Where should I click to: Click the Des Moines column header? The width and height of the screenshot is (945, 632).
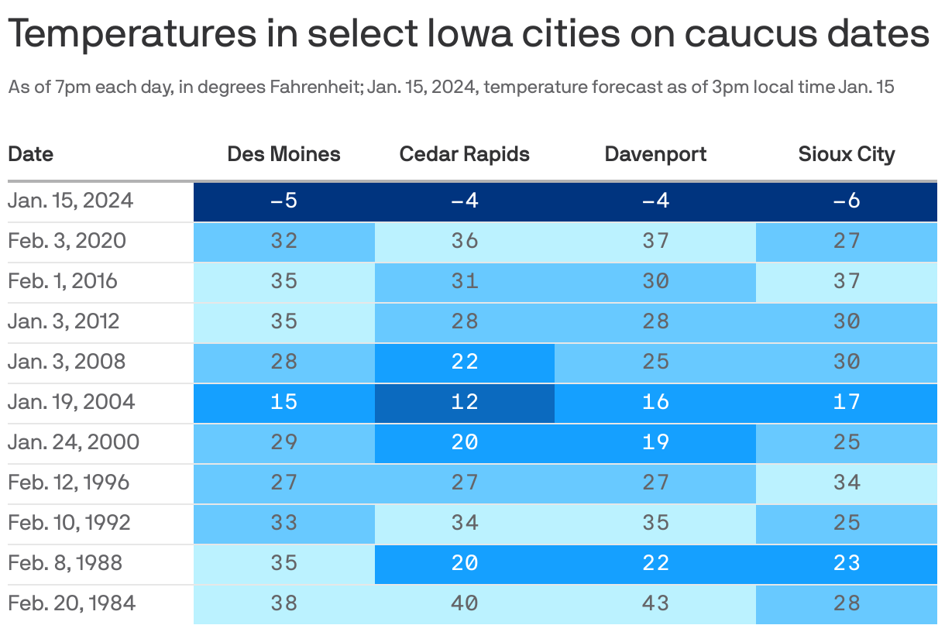pyautogui.click(x=283, y=154)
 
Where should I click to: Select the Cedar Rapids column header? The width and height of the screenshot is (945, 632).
pyautogui.click(x=464, y=154)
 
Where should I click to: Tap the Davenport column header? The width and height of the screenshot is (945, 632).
pyautogui.click(x=655, y=154)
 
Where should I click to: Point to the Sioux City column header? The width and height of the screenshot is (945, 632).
pyautogui.click(x=847, y=154)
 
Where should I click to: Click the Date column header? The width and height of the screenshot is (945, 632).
pyautogui.click(x=31, y=154)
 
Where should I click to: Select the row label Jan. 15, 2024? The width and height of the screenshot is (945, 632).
pyautogui.click(x=70, y=201)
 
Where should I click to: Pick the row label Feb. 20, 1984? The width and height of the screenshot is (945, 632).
pyautogui.click(x=71, y=603)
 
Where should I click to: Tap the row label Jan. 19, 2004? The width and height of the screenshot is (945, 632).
pyautogui.click(x=71, y=402)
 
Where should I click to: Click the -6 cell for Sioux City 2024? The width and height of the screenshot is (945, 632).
pyautogui.click(x=847, y=201)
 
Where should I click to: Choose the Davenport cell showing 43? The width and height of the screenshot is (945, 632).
pyautogui.click(x=655, y=603)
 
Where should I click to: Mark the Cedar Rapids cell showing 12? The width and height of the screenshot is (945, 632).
pyautogui.click(x=465, y=402)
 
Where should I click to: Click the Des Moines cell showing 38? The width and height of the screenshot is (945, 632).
pyautogui.click(x=284, y=603)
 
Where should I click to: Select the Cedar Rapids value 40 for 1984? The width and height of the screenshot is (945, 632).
pyautogui.click(x=465, y=603)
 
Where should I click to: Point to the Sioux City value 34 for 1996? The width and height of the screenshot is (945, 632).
pyautogui.click(x=847, y=483)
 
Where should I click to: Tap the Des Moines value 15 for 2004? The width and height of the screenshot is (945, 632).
pyautogui.click(x=284, y=402)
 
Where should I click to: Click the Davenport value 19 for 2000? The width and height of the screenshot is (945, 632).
pyautogui.click(x=655, y=442)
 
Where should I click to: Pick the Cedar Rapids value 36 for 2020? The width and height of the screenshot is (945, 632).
pyautogui.click(x=465, y=241)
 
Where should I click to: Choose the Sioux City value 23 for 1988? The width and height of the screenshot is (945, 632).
pyautogui.click(x=847, y=563)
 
